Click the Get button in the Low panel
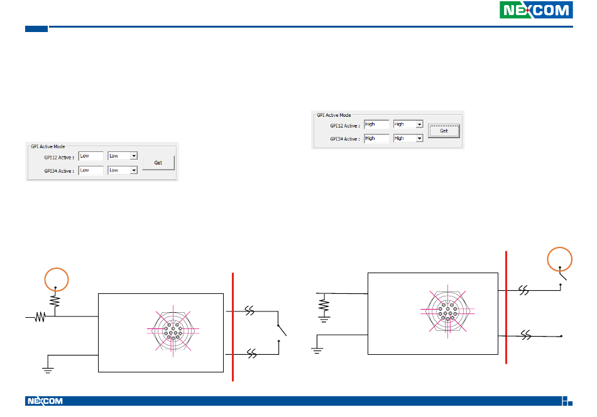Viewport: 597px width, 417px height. tap(158, 163)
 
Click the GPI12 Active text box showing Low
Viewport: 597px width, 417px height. tap(90, 156)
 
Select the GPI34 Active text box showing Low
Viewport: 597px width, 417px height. tap(90, 170)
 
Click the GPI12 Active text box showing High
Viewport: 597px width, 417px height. tap(376, 124)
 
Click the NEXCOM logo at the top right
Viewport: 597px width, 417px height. tap(536, 11)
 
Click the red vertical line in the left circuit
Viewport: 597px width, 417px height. tap(233, 327)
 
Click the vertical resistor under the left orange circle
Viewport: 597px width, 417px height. tap(55, 303)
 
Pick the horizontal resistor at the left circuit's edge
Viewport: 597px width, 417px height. tap(39, 318)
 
